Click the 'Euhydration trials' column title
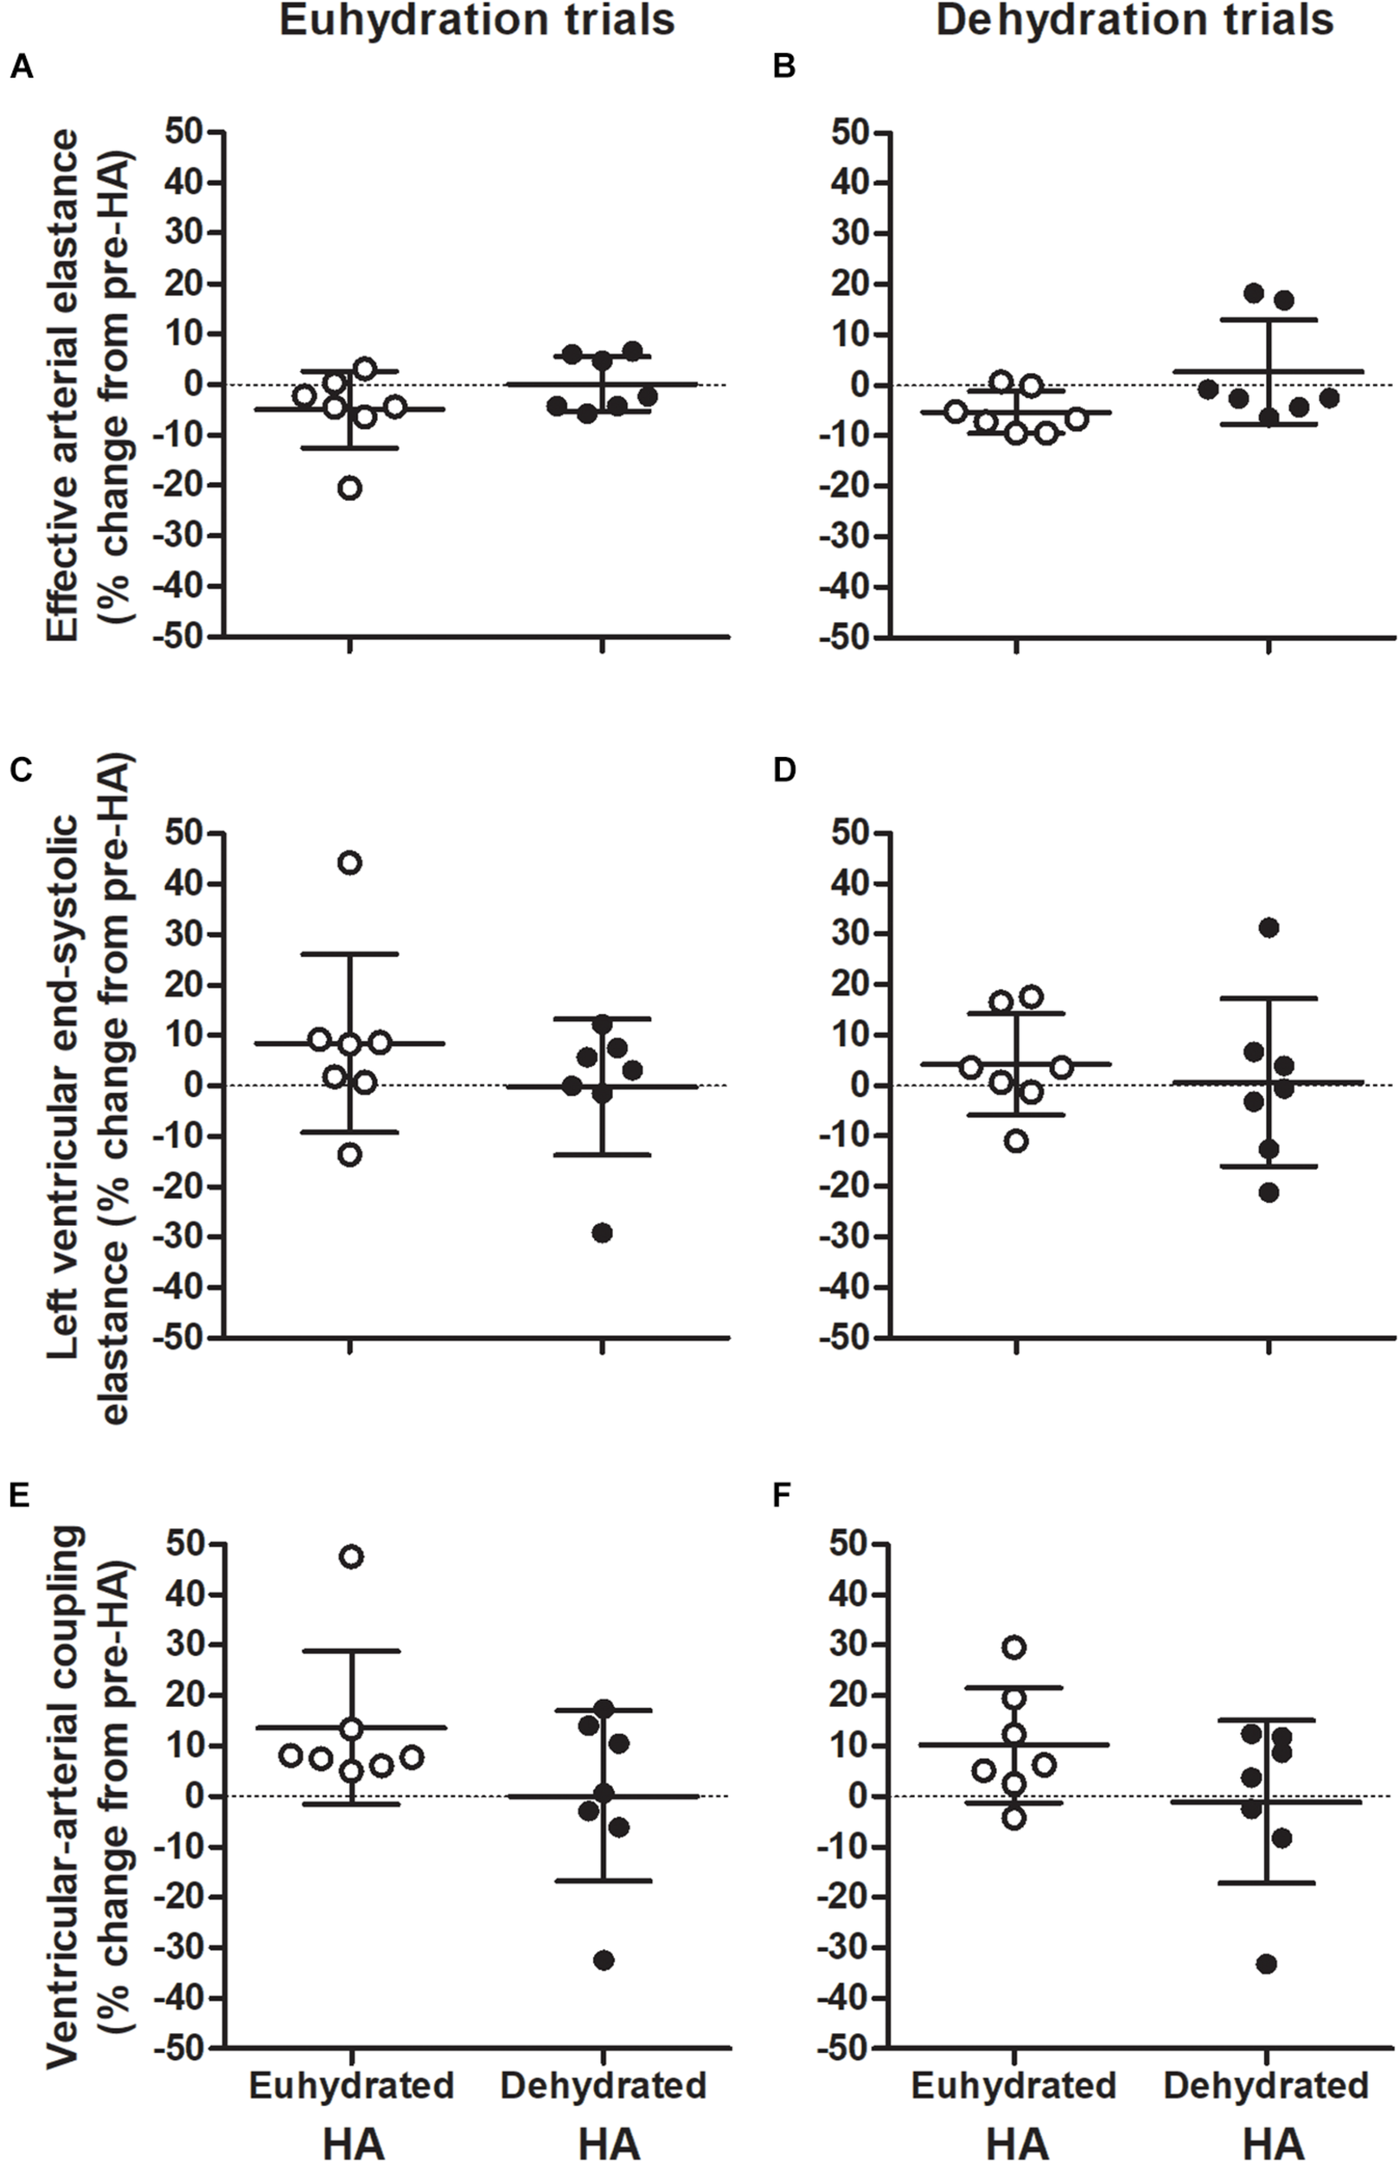(476, 20)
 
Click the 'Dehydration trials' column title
(1135, 20)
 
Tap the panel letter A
(21, 68)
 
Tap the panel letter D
(783, 770)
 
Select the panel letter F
(783, 1497)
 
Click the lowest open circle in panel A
(349, 488)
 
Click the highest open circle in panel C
(349, 863)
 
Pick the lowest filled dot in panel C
(603, 1232)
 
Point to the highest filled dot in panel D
(1269, 927)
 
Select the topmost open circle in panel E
(351, 1556)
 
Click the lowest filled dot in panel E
(604, 1961)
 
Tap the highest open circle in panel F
(1015, 1646)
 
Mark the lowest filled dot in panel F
(1267, 1964)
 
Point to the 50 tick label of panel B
(854, 132)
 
